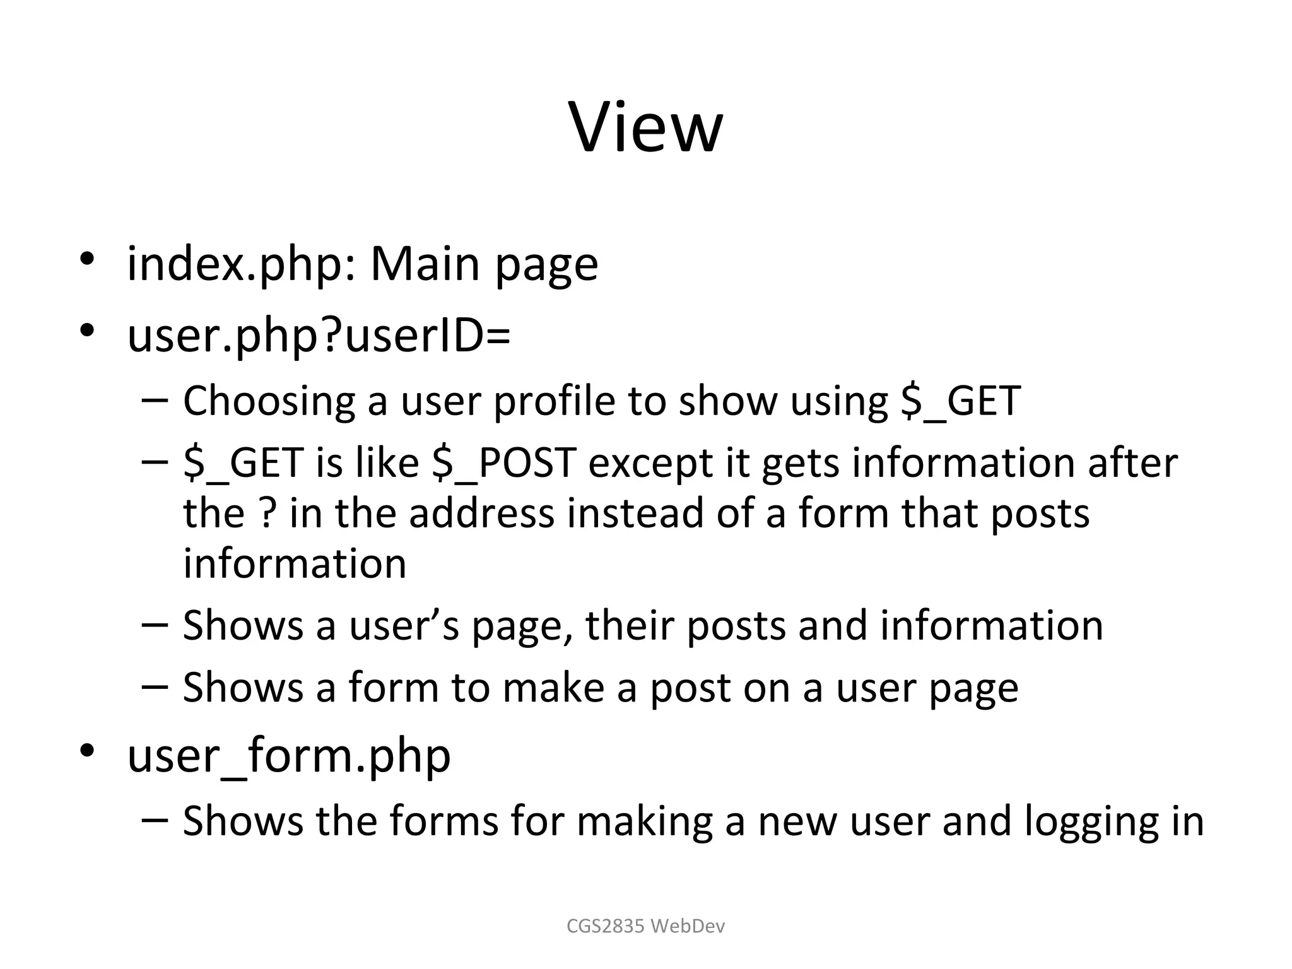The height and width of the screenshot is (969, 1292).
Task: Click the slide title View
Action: [645, 128]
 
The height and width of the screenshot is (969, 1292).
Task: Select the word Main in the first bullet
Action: [425, 263]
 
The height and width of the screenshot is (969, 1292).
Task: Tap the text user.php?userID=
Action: [319, 336]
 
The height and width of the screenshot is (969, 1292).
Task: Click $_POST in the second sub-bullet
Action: [504, 462]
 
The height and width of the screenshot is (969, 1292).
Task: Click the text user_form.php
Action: [289, 756]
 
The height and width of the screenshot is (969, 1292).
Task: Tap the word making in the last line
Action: [644, 821]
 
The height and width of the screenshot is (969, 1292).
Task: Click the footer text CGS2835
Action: [605, 926]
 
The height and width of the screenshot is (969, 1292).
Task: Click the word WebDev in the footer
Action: [688, 926]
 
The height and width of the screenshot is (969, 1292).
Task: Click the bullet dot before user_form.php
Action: [87, 750]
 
